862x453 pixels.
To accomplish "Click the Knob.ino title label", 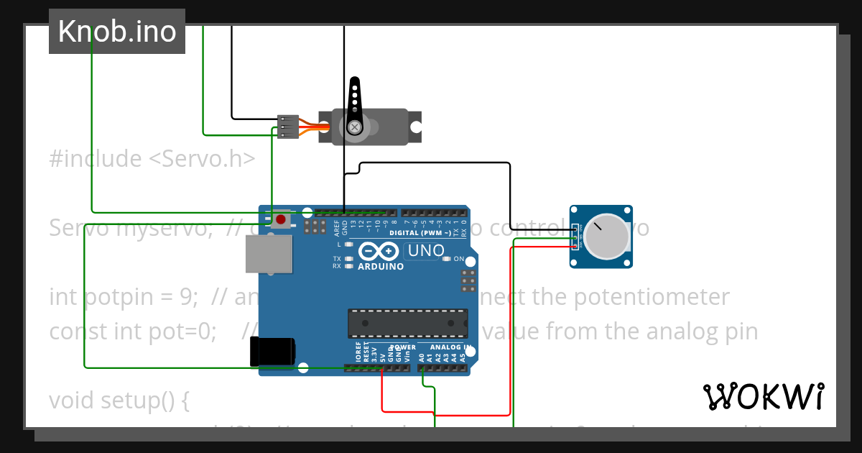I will point(117,32).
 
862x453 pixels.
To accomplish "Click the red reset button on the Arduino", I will point(280,219).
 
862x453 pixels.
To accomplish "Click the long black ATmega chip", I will point(407,323).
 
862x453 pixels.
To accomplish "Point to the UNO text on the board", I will point(425,251).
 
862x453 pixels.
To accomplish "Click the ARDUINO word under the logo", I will point(381,266).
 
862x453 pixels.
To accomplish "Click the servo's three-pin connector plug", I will point(288,127).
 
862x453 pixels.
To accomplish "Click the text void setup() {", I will point(119,400).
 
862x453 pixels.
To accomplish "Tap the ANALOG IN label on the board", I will point(450,347).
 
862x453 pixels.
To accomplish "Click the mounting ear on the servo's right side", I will point(415,127).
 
